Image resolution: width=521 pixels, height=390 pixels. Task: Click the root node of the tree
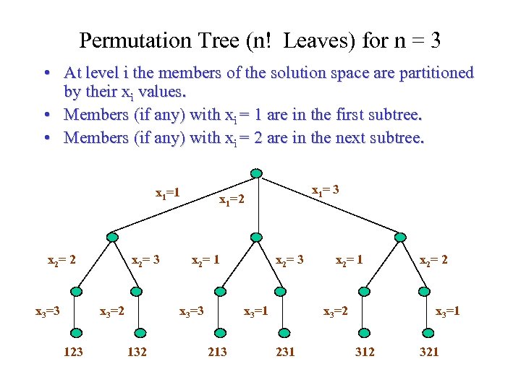[255, 173]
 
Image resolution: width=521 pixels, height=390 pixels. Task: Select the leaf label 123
[73, 352]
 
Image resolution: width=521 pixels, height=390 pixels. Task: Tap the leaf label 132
[137, 352]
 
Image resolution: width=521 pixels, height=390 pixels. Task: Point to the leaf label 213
[217, 352]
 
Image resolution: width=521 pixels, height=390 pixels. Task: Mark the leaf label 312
[365, 352]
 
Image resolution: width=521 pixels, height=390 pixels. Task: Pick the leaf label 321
[428, 352]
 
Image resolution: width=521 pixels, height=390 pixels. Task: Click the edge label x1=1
[167, 194]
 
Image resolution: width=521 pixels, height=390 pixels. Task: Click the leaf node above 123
[76, 332]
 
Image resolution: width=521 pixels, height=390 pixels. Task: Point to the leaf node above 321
[428, 332]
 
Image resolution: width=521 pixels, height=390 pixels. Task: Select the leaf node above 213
[219, 332]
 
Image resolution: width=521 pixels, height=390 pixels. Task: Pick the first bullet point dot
[46, 74]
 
